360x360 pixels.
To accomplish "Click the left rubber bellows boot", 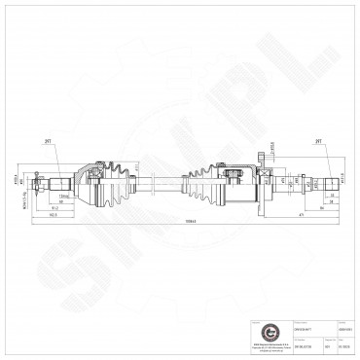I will point(121,180).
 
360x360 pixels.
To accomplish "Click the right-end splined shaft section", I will point(306,180).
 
